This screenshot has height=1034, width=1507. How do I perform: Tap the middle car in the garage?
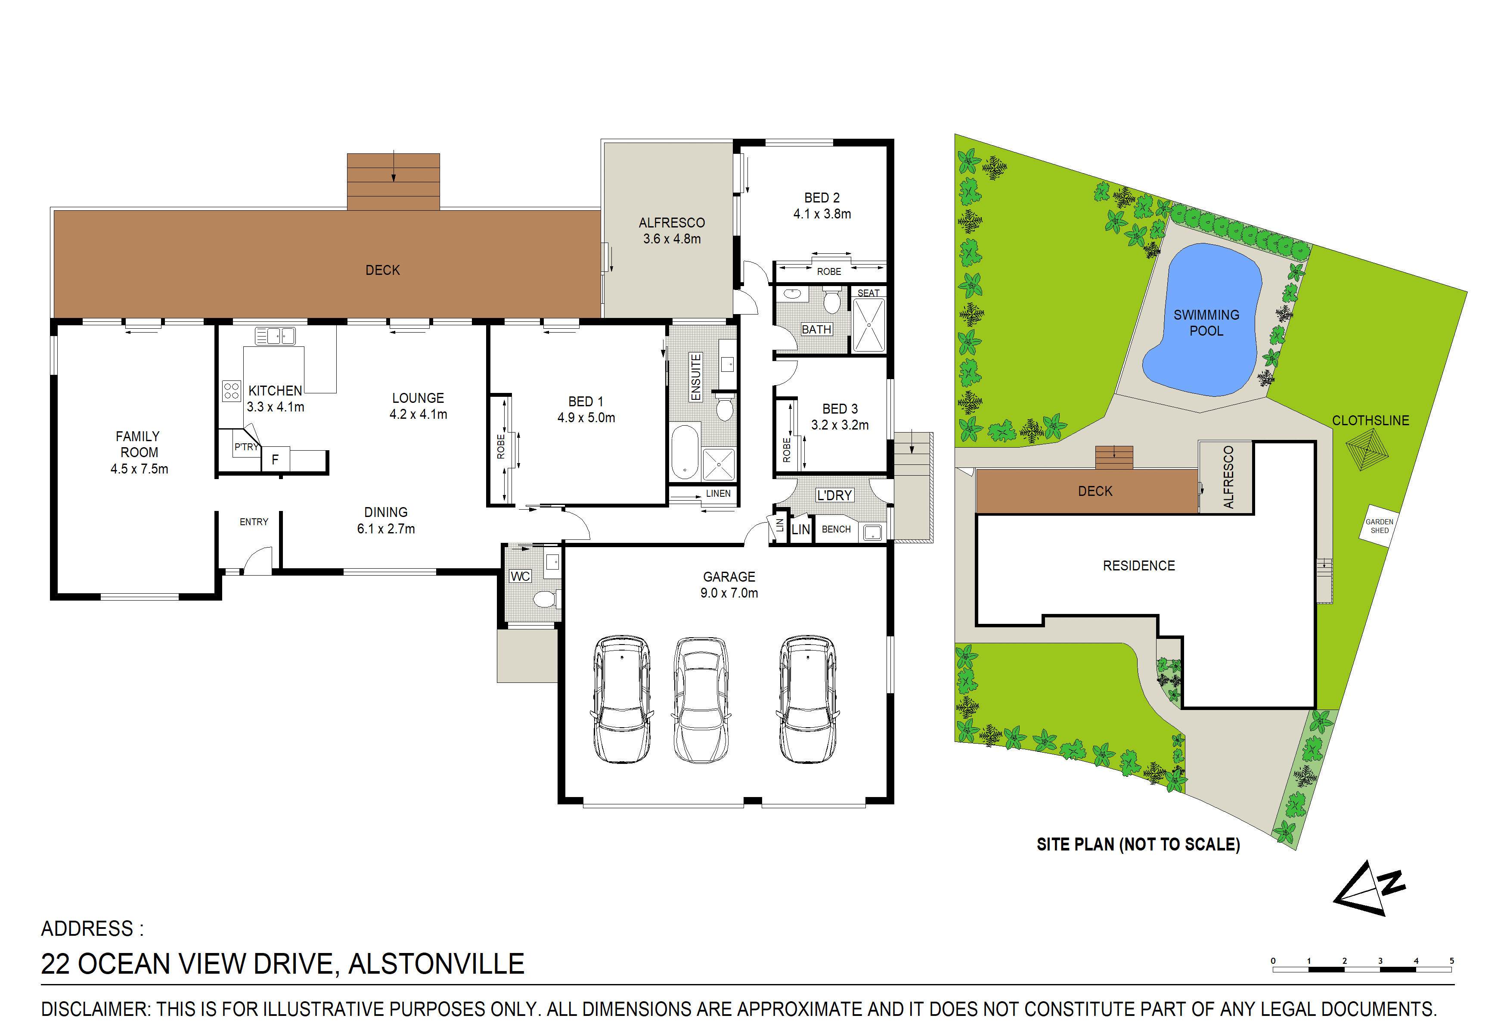coord(701,700)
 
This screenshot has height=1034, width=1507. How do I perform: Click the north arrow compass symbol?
coord(1369,889)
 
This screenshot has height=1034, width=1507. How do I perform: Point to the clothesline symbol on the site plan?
coord(1366,449)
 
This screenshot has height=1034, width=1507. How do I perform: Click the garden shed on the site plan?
coord(1379,526)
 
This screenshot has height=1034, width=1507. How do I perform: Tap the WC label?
coord(520,576)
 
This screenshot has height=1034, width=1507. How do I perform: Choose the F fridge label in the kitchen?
coord(275,459)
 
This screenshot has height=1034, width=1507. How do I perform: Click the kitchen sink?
coord(275,335)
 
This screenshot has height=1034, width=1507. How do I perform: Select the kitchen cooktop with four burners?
coord(232,390)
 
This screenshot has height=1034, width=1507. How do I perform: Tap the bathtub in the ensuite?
coord(684,452)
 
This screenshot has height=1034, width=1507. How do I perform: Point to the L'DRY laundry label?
coord(834,495)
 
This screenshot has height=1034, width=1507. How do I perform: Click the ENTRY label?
coord(254,522)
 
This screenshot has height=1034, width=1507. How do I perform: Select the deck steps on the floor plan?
coord(393,182)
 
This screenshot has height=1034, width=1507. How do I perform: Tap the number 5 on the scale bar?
coord(1451,961)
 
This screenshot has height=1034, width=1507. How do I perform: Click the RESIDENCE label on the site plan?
coord(1139,566)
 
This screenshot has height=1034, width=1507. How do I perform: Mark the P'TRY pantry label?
coord(246,447)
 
